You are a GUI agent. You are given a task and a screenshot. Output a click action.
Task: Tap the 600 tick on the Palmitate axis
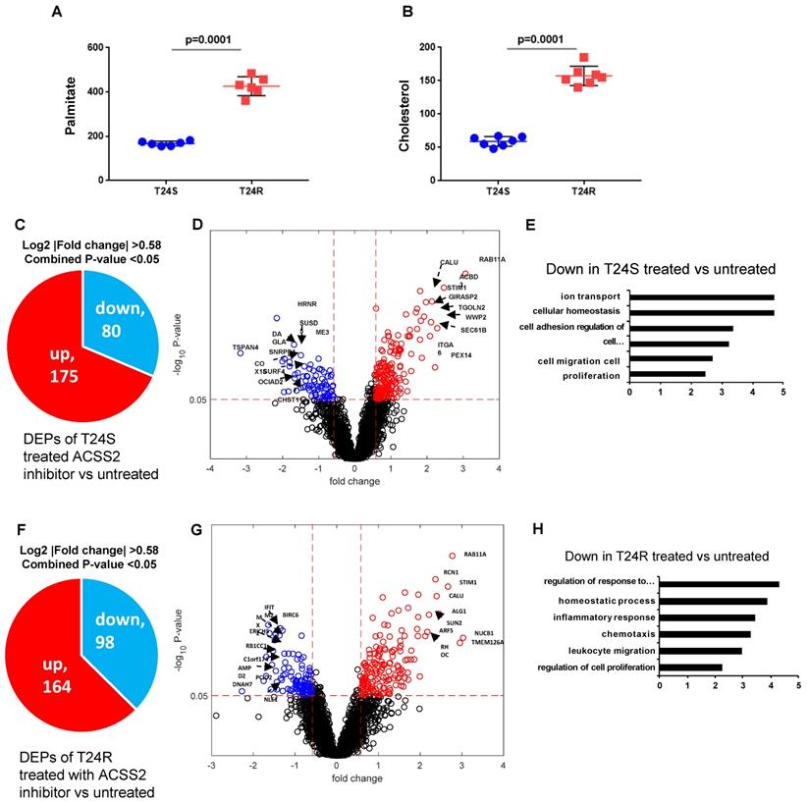click(x=94, y=47)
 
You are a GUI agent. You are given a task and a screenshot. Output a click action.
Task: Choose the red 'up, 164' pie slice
click(x=54, y=677)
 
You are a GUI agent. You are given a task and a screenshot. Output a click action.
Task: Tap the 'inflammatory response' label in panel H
click(x=601, y=617)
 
